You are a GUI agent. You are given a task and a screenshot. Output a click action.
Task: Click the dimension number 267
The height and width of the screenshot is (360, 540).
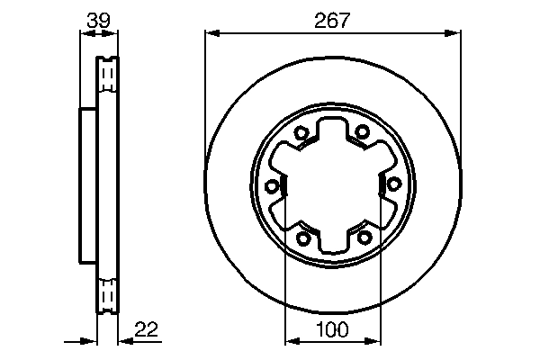(x=332, y=19)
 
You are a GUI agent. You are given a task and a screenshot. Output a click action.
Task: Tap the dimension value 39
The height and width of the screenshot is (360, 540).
(x=98, y=19)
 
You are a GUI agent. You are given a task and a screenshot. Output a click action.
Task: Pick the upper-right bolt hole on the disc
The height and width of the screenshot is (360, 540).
(x=362, y=131)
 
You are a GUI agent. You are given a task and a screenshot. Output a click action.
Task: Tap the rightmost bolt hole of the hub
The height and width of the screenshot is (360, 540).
(x=393, y=184)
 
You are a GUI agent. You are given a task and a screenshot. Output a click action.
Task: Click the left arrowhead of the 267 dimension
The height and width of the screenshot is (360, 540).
(x=212, y=34)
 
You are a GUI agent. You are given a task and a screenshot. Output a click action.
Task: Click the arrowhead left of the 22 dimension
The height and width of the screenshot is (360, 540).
(x=89, y=342)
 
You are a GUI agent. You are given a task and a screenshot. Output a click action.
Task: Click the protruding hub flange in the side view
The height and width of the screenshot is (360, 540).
(x=87, y=184)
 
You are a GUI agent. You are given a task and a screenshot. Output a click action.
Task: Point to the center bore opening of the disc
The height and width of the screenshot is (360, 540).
(x=332, y=184)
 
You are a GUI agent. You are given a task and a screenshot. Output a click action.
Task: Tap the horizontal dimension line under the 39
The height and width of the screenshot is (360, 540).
(x=99, y=34)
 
